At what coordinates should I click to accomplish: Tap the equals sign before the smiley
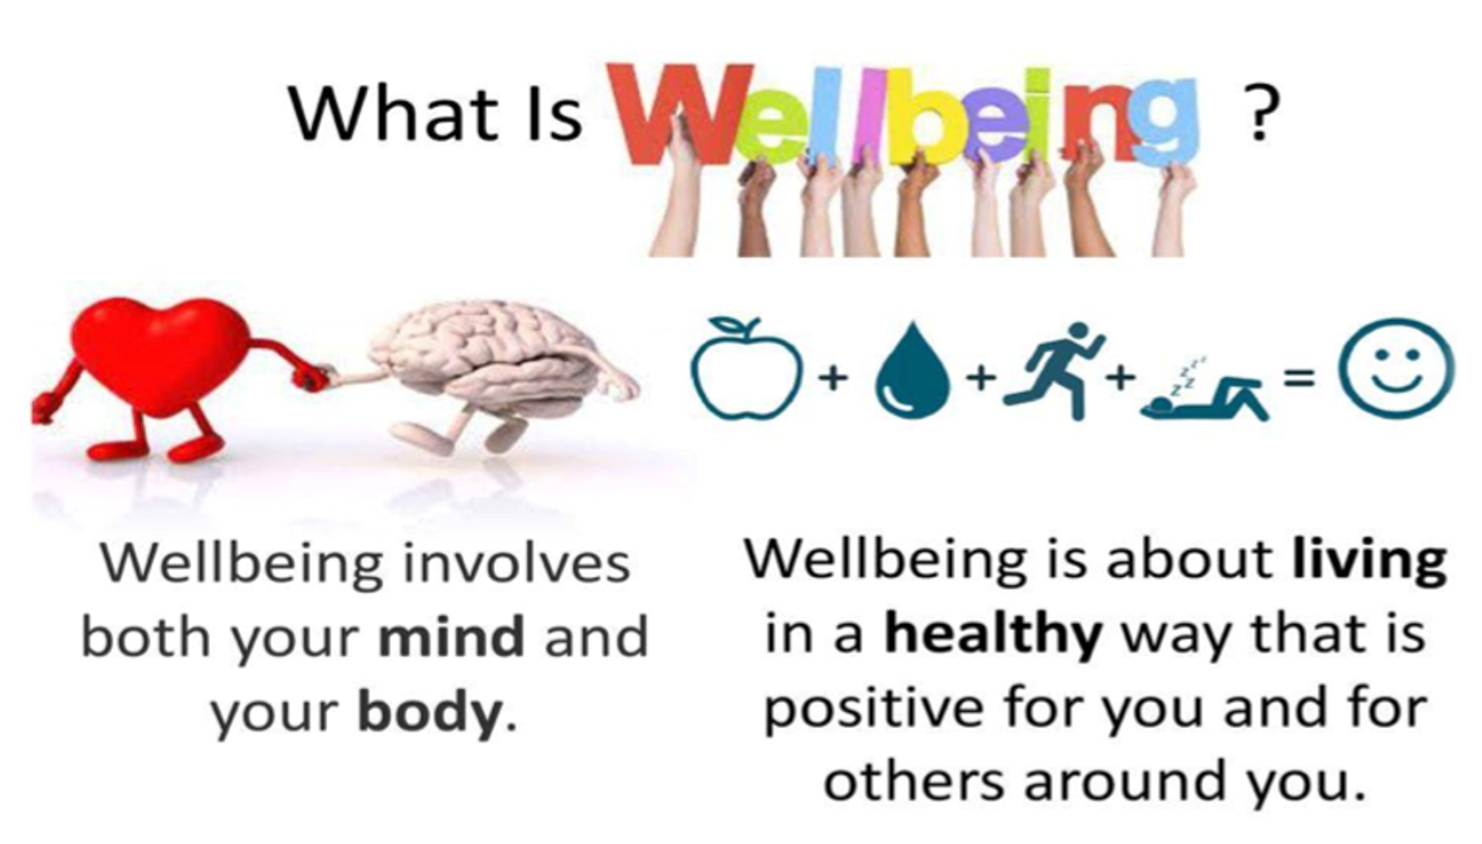point(1298,379)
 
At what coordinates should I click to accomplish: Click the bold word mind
point(451,635)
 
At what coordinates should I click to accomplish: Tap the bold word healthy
point(993,634)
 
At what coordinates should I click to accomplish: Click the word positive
point(873,709)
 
